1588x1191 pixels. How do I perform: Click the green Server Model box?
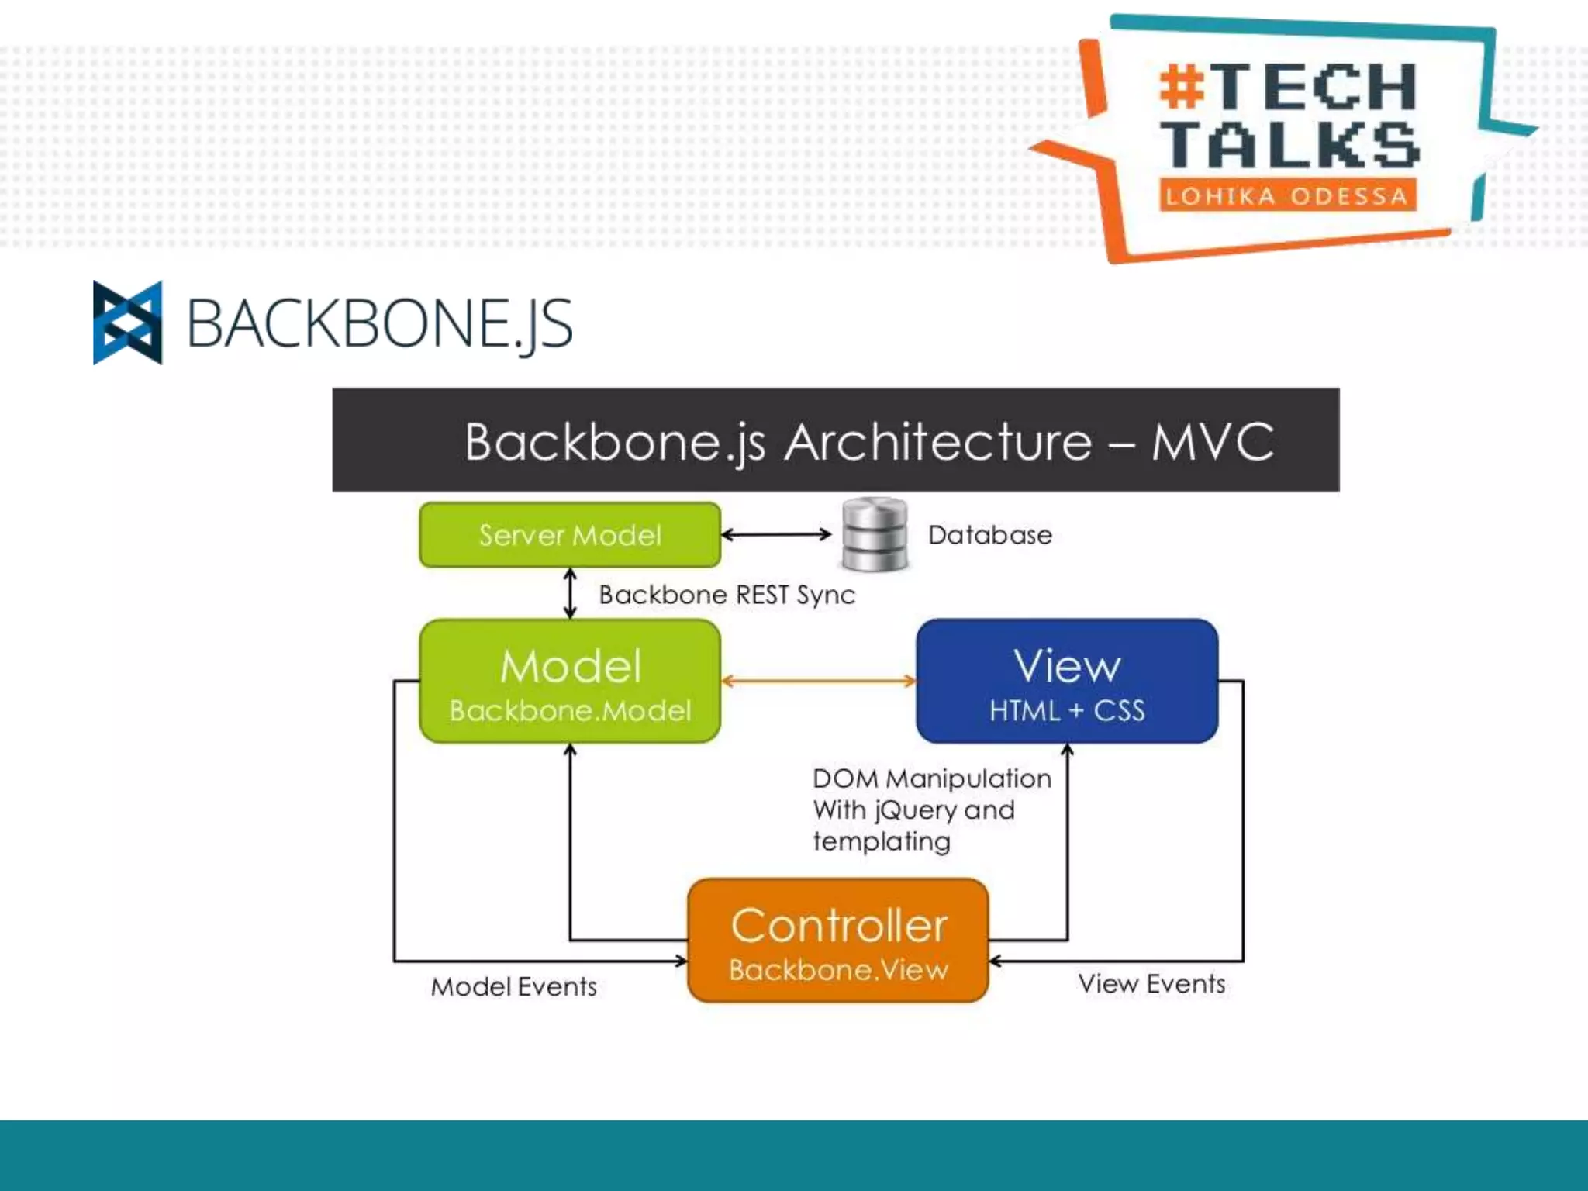point(570,535)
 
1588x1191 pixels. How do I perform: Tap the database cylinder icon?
point(875,534)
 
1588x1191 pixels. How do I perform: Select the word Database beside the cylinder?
point(989,535)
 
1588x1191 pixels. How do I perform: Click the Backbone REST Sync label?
point(727,595)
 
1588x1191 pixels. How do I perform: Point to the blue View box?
point(1067,680)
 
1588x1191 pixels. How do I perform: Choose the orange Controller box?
point(838,940)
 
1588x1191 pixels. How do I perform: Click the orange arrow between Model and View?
point(818,682)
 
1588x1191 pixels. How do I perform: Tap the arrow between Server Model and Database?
point(776,534)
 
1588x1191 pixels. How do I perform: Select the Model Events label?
point(513,986)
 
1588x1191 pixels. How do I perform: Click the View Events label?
point(1151,983)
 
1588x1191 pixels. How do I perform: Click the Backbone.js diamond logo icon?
point(128,323)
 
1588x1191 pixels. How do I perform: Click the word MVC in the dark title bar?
point(1212,442)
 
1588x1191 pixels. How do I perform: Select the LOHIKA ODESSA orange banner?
point(1287,195)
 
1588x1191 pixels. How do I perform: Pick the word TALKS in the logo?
point(1289,144)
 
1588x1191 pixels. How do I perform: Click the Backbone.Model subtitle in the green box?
point(570,711)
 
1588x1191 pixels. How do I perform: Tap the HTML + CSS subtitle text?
point(1067,711)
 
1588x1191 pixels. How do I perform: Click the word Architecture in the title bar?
point(937,442)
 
